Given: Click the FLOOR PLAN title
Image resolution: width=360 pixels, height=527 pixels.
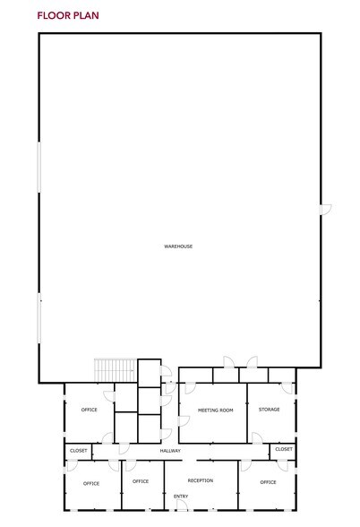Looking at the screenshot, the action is [x=68, y=15].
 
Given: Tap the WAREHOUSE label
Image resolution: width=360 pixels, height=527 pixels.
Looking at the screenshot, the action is [x=178, y=246].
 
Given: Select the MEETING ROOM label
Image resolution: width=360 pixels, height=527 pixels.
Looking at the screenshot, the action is [x=215, y=410].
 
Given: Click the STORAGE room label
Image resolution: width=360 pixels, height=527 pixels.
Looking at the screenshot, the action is [x=269, y=410].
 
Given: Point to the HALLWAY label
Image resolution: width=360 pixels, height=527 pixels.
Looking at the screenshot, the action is [x=170, y=451].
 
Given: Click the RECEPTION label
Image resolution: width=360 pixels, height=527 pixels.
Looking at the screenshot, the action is [x=201, y=480].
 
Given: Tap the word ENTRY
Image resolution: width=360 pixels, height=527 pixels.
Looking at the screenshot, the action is [x=181, y=497].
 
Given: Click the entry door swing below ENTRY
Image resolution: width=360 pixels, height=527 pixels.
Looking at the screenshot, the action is [x=183, y=505].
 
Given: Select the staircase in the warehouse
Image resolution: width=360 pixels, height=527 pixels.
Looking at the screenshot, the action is [x=115, y=370].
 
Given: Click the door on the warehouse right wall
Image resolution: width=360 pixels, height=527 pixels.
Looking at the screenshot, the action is [x=326, y=209].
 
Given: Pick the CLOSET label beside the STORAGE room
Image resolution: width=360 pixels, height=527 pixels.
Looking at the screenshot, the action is [x=284, y=449].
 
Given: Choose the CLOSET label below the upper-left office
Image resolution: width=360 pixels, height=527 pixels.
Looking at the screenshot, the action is [x=79, y=450].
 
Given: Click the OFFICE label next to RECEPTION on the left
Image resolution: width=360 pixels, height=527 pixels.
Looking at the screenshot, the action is [x=141, y=481].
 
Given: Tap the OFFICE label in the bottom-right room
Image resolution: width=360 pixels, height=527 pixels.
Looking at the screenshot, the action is [x=268, y=482].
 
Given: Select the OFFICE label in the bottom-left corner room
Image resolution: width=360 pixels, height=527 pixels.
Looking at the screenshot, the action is [x=91, y=483].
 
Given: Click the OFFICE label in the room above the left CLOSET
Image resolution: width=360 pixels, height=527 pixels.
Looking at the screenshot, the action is [x=89, y=410].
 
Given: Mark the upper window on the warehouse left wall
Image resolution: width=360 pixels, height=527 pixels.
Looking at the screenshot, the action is [x=39, y=167].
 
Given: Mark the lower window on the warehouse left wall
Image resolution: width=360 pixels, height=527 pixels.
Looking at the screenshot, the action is [x=39, y=318].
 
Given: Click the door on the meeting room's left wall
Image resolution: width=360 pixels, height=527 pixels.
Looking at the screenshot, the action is [x=184, y=421].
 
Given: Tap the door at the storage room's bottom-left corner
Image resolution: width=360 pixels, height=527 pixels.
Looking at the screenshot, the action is [x=257, y=437].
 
